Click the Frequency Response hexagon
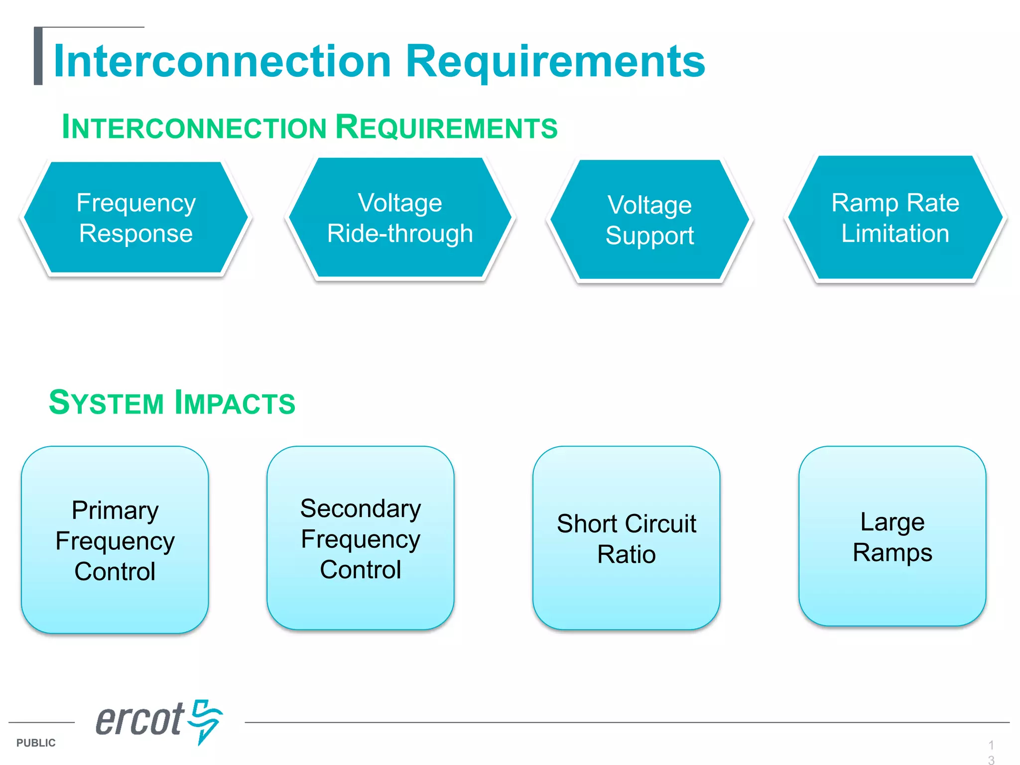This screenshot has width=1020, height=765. pos(135,218)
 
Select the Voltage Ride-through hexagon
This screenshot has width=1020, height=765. pos(400,218)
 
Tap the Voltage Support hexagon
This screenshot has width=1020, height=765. pos(649,220)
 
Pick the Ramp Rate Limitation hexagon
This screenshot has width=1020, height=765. pos(895,218)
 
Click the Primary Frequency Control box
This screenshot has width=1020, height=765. pos(115,540)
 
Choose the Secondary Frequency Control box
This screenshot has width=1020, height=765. pos(360,538)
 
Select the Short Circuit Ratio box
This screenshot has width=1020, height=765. pos(626,538)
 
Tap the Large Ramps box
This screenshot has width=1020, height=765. pos(892,536)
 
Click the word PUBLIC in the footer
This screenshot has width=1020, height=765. pos(36,743)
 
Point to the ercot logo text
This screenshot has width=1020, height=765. pos(140,720)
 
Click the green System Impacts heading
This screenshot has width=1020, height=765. pos(172,402)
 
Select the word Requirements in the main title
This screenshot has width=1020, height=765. pos(555,61)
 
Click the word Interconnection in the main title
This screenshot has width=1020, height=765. pos(222,61)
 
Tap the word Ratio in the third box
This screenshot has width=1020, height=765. pos(626,554)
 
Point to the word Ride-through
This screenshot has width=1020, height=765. pos(400,234)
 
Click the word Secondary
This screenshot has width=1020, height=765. pos(361,509)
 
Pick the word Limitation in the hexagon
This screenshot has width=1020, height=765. pos(895,234)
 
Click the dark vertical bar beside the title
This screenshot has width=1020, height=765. pos(38,56)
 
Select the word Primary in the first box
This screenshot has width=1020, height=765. pos(115,510)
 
